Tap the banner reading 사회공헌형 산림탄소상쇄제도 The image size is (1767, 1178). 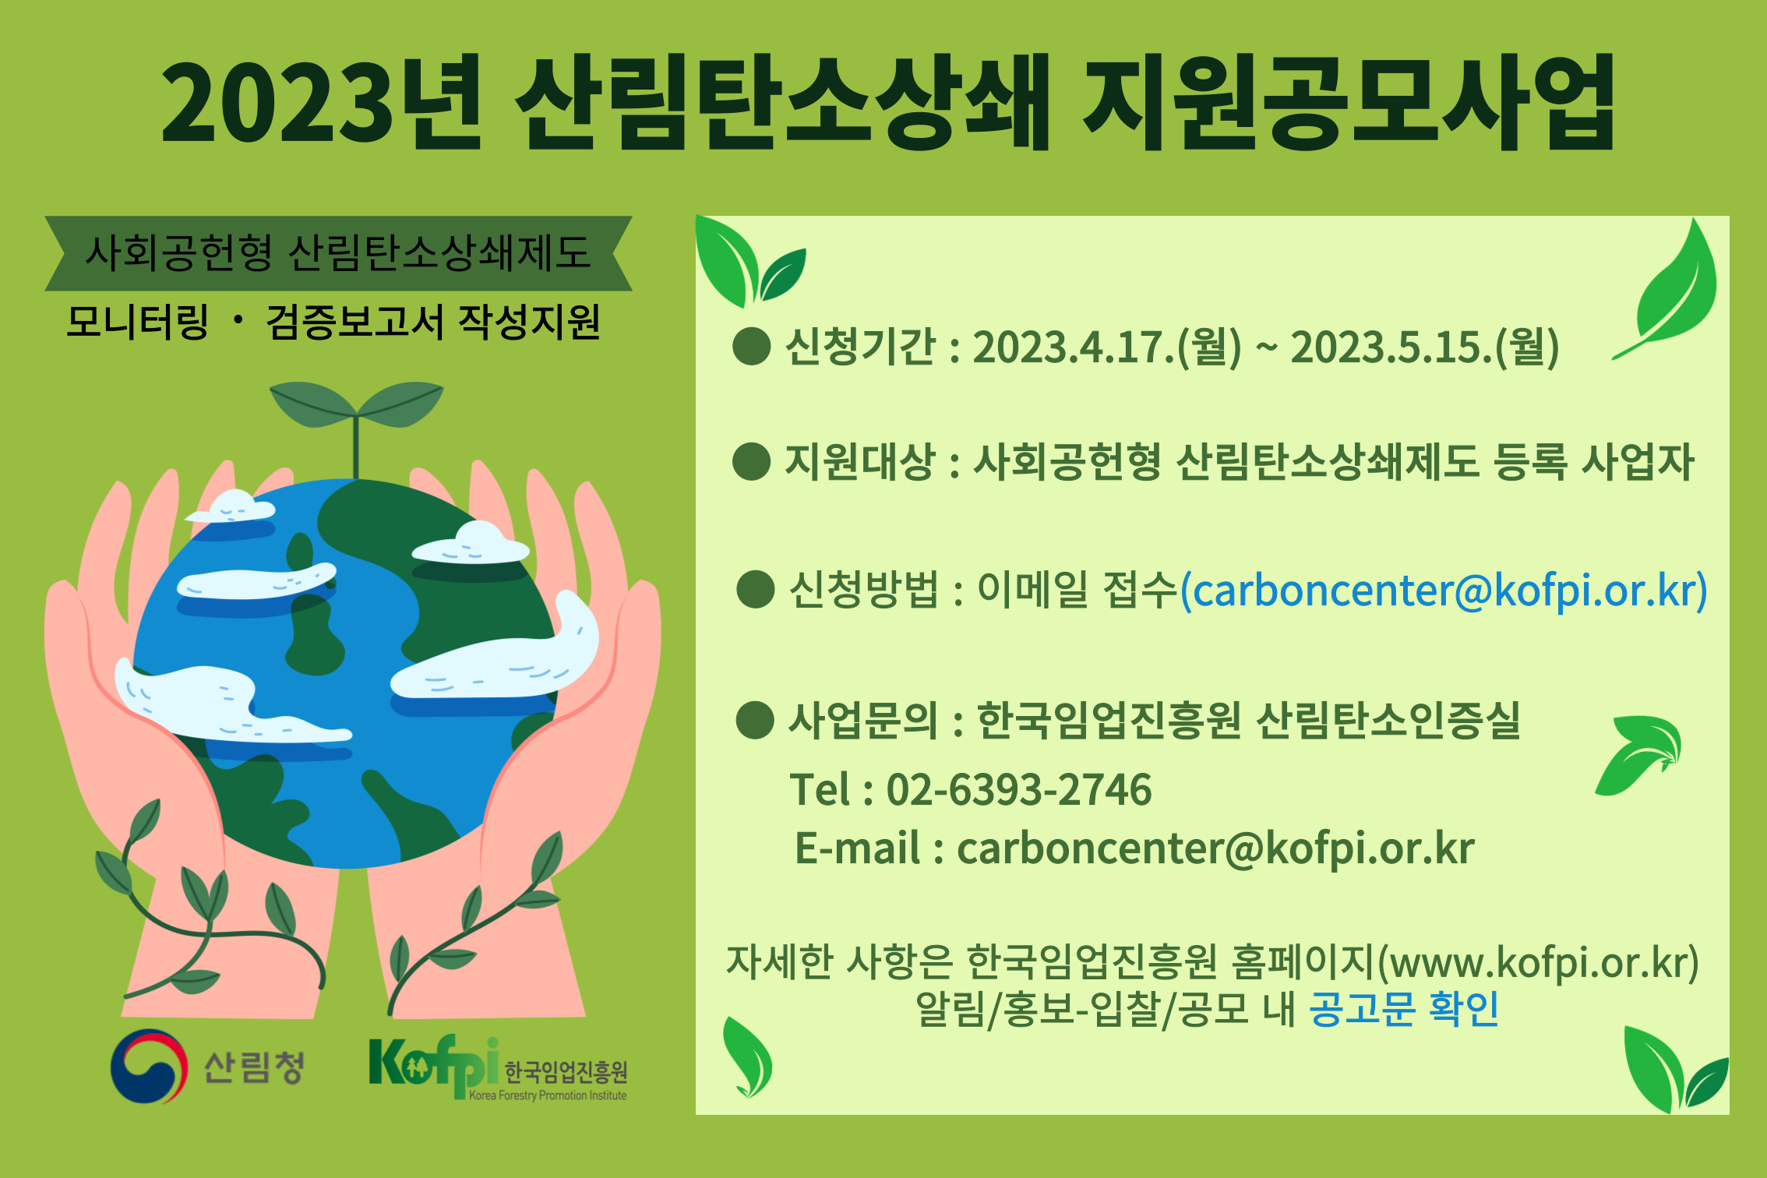[338, 253]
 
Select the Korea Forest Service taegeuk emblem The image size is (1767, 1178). [149, 1066]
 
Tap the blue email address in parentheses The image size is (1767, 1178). [1444, 591]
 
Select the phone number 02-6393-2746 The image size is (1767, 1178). [1019, 790]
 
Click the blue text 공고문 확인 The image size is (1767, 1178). [1404, 1009]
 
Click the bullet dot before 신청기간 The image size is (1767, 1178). [752, 346]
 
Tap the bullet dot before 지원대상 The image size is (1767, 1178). [752, 461]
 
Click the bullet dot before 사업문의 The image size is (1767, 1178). [755, 720]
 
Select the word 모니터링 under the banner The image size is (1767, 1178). [138, 322]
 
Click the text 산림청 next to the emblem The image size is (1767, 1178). [254, 1067]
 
